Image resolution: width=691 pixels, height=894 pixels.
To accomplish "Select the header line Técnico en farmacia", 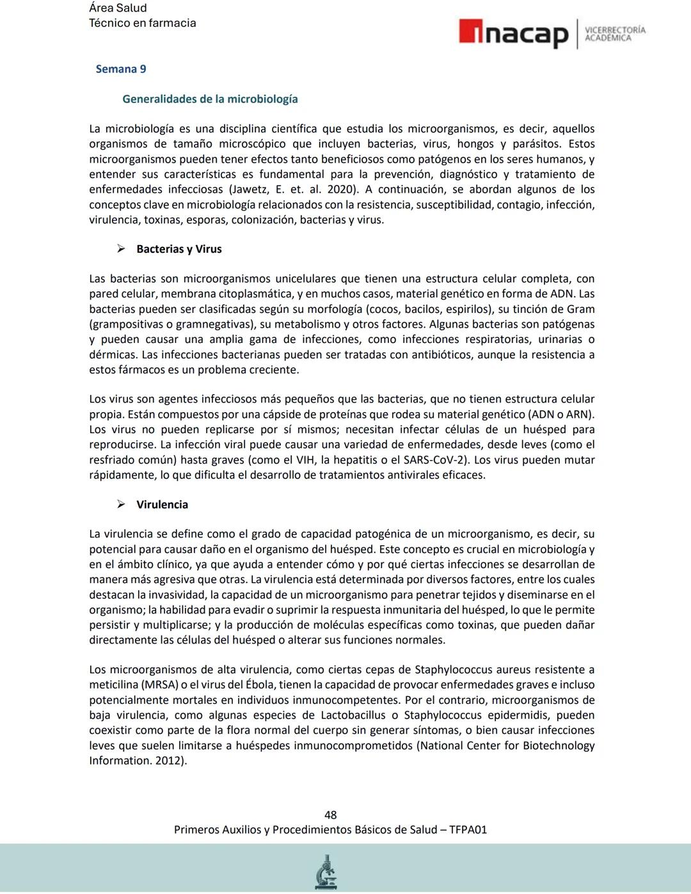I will pos(142,23).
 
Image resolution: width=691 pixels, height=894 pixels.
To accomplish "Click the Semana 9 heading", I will pos(121,69).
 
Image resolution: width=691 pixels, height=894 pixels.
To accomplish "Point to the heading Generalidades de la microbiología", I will pos(210,99).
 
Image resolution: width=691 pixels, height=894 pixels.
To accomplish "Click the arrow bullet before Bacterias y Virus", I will pos(121,249).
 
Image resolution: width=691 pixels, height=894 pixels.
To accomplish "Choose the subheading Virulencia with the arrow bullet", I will pos(162,504).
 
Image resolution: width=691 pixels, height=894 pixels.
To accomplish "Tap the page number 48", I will pos(330,815).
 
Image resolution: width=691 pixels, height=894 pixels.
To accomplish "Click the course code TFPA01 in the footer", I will pos(468,829).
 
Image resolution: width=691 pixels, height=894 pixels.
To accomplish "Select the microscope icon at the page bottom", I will pos(327,872).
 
